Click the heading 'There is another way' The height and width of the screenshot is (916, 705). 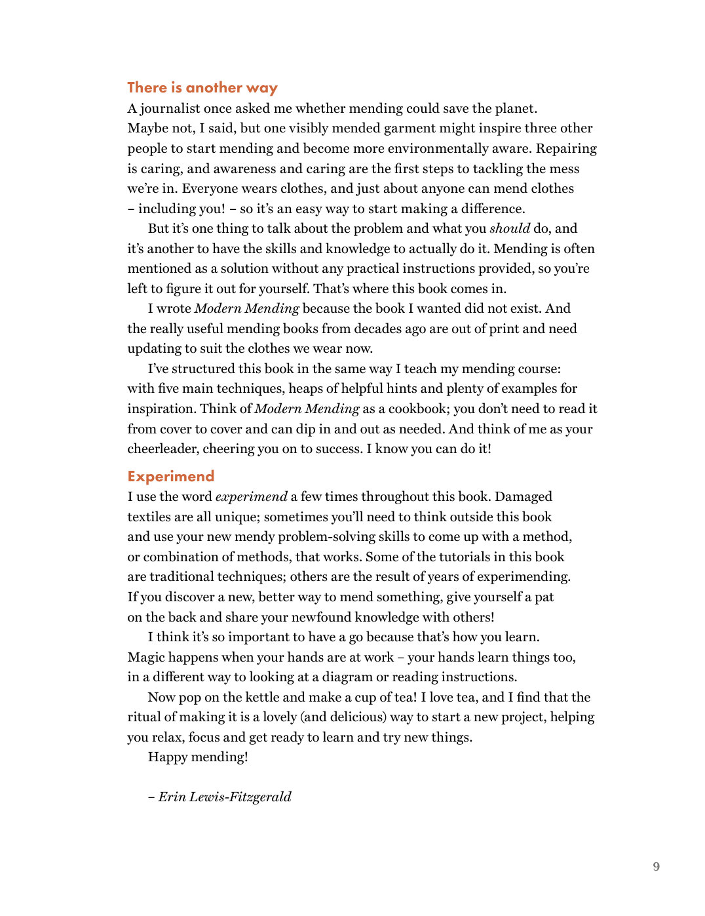pos(202,88)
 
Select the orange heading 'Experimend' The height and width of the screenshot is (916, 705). pos(171,477)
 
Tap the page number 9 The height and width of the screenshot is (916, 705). pos(656,867)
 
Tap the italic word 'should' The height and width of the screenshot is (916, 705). pos(509,229)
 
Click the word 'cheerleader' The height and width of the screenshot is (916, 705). pos(162,449)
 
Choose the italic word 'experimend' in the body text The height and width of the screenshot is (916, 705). pos(251,497)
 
